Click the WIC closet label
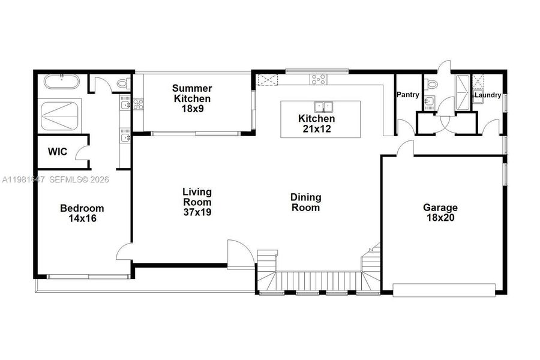coord(58,152)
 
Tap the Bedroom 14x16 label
coord(82,214)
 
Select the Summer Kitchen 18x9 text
coord(192,98)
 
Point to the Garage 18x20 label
coord(440,213)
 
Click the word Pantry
coord(408,95)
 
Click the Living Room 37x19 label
coord(197,202)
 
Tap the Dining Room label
coord(305,202)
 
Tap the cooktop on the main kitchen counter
coord(318,78)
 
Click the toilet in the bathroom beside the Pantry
coord(430,85)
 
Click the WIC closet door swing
coord(82,151)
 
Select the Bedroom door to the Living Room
coord(124,251)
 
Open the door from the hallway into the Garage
coord(405,148)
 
